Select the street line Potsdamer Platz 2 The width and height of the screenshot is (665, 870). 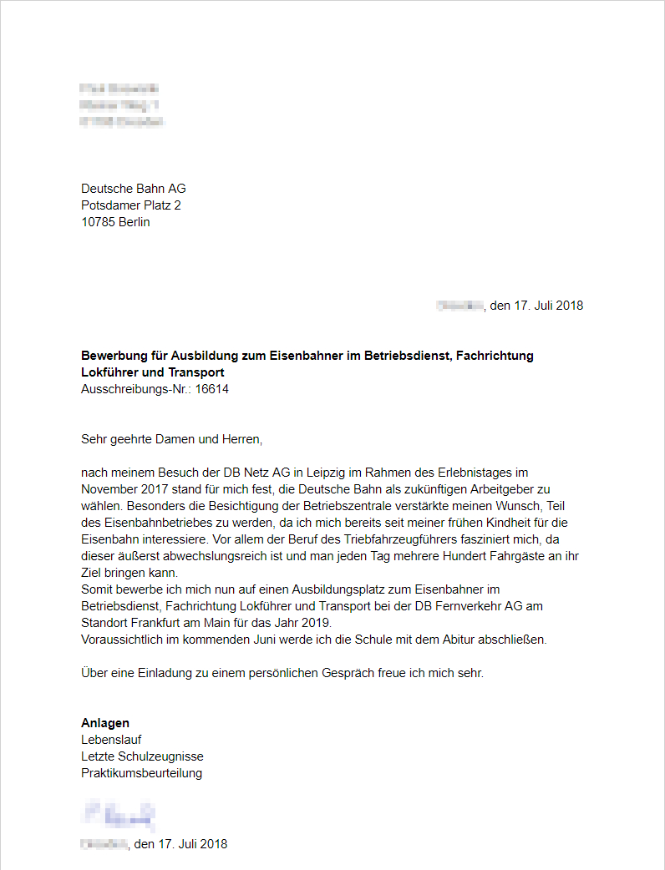coord(131,205)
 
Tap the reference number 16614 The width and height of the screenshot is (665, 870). coord(212,389)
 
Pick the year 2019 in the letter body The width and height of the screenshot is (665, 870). coord(315,624)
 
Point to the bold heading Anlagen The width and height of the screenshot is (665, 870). coord(105,723)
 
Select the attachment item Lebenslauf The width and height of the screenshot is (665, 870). coord(111,740)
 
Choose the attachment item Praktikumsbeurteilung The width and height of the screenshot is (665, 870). coord(141,773)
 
